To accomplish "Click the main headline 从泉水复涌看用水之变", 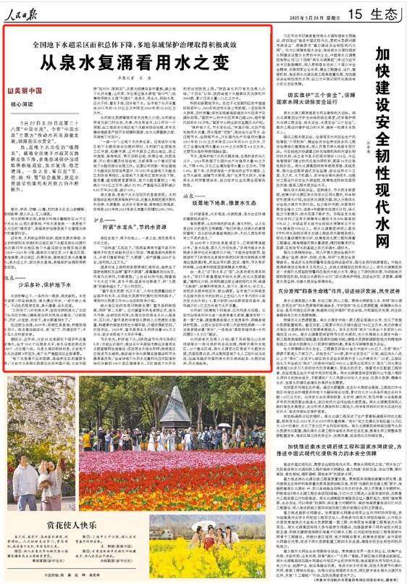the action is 138,62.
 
